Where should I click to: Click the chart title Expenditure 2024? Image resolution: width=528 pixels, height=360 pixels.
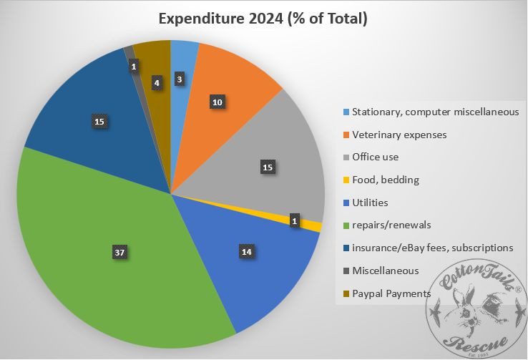pyautogui.click(x=264, y=19)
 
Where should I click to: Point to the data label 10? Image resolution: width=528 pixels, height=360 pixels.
pyautogui.click(x=217, y=102)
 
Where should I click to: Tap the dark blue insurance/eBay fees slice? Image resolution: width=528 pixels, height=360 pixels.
pyautogui.click(x=79, y=107)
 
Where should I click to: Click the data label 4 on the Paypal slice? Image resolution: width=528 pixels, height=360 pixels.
pyautogui.click(x=157, y=82)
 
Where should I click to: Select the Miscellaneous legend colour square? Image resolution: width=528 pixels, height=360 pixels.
pyautogui.click(x=346, y=271)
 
